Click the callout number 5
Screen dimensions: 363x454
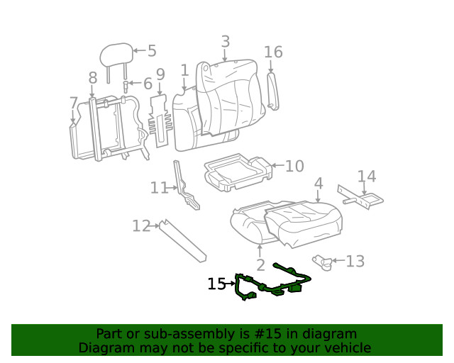point(152,51)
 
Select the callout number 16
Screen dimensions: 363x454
point(273,52)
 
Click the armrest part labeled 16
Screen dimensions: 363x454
point(273,90)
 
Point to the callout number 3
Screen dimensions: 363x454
point(225,42)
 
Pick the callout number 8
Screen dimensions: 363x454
point(93,78)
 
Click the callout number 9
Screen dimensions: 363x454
point(160,74)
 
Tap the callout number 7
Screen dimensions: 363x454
point(74,104)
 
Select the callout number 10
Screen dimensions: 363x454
point(294,166)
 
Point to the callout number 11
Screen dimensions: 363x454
point(159,188)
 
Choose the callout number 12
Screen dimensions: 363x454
point(141,226)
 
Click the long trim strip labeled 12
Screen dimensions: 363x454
point(182,239)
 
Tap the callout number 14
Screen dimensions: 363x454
point(366,177)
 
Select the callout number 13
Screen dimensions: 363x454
point(355,262)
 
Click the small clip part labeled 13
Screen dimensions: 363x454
point(324,262)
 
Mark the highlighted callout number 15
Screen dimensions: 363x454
point(216,284)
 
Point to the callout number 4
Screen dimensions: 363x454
point(319,184)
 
